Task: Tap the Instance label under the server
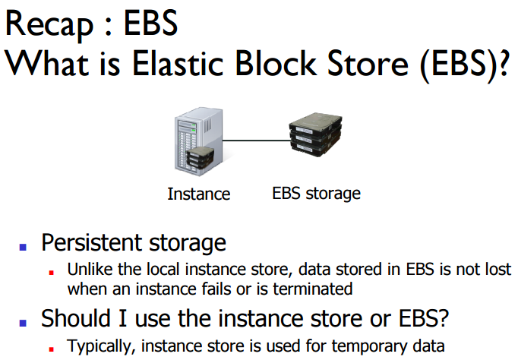[198, 194]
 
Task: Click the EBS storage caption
[316, 193]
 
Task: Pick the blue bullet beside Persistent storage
[23, 246]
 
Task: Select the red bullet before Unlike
[52, 270]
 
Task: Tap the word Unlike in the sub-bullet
[87, 269]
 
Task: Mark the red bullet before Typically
[52, 347]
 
